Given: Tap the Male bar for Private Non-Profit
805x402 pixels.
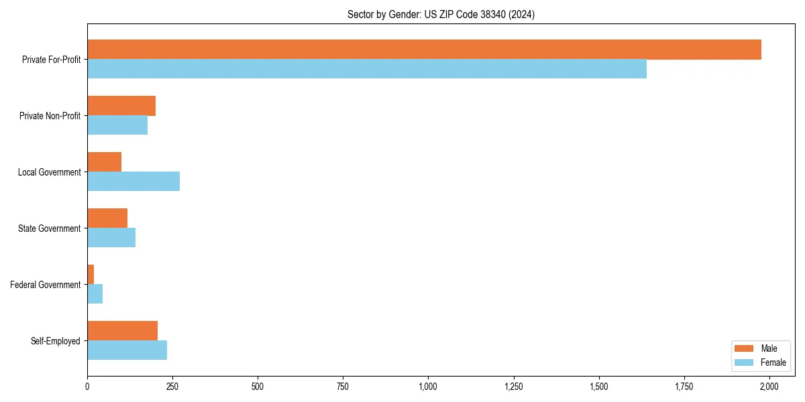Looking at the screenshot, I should (x=121, y=106).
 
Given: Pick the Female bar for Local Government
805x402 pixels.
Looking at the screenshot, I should (x=133, y=182).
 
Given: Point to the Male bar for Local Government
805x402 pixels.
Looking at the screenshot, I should (x=104, y=162).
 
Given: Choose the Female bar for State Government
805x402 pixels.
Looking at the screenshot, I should (x=111, y=238).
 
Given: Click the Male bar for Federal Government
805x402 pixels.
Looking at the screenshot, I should (x=91, y=275).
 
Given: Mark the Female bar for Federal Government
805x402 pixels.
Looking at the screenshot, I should (x=95, y=294).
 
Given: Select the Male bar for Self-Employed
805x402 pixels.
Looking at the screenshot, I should (x=122, y=331).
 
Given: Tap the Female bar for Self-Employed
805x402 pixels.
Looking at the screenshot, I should (x=127, y=350).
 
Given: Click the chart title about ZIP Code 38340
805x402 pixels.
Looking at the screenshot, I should (x=441, y=14).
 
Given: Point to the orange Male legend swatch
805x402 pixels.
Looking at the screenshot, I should (x=745, y=348).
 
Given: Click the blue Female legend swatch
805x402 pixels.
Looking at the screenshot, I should (x=745, y=362).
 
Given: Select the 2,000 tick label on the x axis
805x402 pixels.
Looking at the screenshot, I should (x=769, y=387).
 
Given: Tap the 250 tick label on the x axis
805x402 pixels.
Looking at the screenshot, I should (x=172, y=387).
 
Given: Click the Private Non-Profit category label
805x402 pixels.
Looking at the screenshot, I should (x=50, y=116).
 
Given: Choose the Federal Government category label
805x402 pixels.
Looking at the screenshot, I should (x=46, y=285).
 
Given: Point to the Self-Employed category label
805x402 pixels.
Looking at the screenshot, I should (x=56, y=341).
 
